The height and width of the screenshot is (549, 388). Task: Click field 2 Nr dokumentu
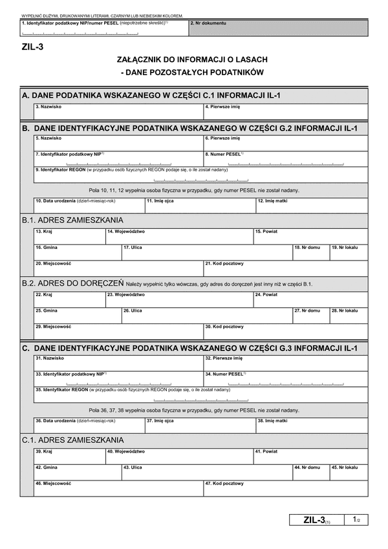coord(279,28)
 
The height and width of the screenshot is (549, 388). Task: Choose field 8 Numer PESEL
coord(285,158)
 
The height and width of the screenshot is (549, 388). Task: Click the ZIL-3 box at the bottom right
coord(317,520)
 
